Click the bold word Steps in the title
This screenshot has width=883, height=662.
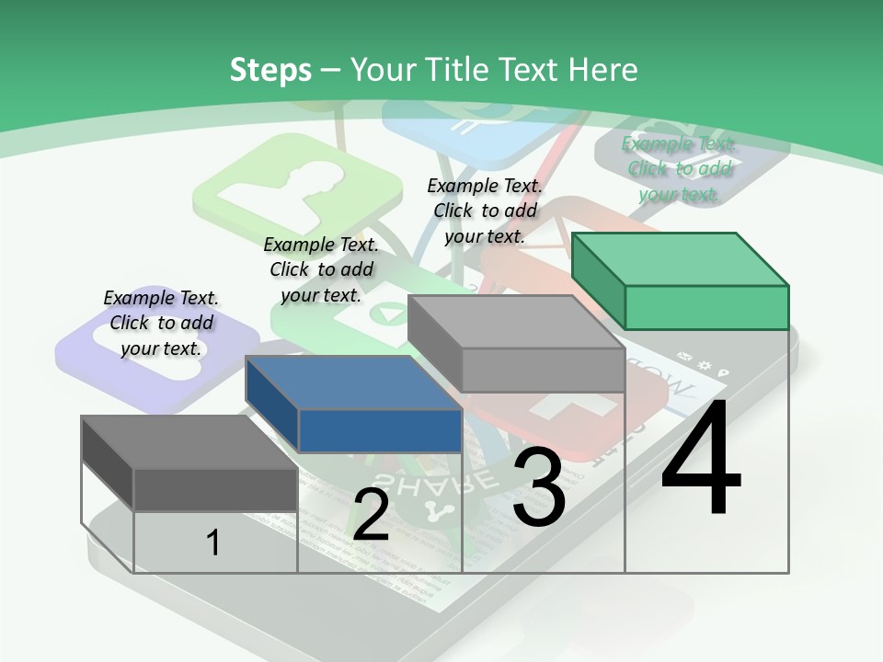click(x=270, y=70)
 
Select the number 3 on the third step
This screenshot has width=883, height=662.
click(x=538, y=487)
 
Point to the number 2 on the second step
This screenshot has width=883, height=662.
click(x=371, y=515)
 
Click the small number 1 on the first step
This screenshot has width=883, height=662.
click(x=213, y=542)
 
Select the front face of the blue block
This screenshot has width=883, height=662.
click(x=380, y=430)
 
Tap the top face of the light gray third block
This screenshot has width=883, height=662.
click(x=515, y=321)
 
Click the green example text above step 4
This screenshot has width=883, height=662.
click(x=678, y=168)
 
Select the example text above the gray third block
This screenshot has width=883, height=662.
click(x=485, y=211)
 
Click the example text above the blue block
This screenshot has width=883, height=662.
click(x=321, y=269)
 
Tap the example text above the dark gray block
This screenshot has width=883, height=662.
click(x=161, y=323)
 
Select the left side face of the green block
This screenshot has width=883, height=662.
click(x=598, y=280)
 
